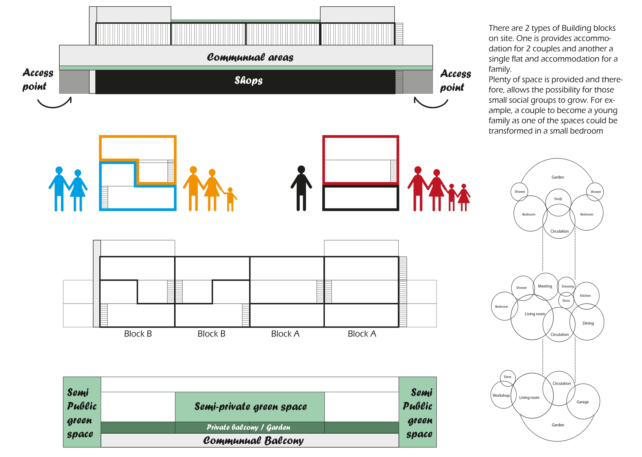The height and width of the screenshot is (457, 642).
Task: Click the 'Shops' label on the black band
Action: tap(248, 80)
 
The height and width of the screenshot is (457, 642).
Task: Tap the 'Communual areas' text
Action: tap(250, 57)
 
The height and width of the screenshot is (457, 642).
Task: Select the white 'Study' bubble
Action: tap(558, 202)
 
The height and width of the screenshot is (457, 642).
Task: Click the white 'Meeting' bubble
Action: tap(545, 286)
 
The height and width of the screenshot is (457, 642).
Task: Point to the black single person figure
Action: tap(301, 188)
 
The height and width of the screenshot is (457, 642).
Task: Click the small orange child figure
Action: tap(230, 199)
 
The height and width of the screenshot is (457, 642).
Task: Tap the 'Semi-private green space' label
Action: tap(250, 407)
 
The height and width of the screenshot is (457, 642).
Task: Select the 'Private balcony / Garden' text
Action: tap(248, 427)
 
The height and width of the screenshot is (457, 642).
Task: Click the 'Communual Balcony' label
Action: tap(253, 440)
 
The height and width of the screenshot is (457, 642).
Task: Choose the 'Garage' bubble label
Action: tap(583, 402)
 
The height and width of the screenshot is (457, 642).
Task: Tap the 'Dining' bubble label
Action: tap(588, 323)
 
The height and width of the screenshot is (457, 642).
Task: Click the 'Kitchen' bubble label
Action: tap(586, 295)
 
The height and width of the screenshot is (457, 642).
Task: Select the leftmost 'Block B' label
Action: tap(138, 334)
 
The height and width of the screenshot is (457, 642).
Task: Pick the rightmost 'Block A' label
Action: tap(362, 334)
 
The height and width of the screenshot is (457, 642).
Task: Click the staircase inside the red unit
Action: tap(393, 171)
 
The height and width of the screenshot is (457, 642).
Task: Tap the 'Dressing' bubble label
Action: tap(568, 286)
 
